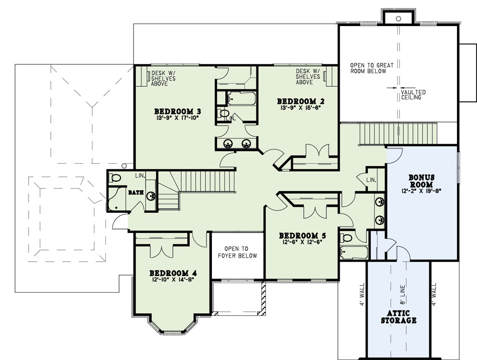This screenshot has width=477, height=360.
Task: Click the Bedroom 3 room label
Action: tap(178, 111)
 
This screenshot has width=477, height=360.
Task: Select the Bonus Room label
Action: tap(421, 181)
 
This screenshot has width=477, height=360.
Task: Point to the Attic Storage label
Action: tap(399, 316)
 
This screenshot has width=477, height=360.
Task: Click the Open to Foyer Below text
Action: tap(237, 252)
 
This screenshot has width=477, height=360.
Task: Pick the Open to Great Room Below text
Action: tap(372, 68)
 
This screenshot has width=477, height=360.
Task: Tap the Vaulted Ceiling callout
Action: tap(413, 94)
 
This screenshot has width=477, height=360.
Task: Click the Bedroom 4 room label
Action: tap(173, 273)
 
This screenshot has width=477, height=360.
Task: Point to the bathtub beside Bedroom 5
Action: tap(354, 253)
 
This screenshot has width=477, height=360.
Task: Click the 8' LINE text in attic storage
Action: tap(402, 294)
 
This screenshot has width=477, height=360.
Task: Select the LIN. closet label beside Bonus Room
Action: tap(371, 180)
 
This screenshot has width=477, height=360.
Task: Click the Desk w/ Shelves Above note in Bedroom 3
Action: tap(163, 78)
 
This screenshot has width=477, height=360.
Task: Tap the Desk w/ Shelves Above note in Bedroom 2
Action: tap(308, 76)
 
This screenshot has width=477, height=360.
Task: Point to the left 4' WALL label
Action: tap(362, 294)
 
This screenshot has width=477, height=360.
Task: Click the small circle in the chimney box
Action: tap(398, 19)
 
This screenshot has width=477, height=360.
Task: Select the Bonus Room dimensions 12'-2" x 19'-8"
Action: tap(421, 191)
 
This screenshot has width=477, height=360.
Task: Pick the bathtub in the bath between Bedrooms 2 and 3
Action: tap(241, 98)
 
